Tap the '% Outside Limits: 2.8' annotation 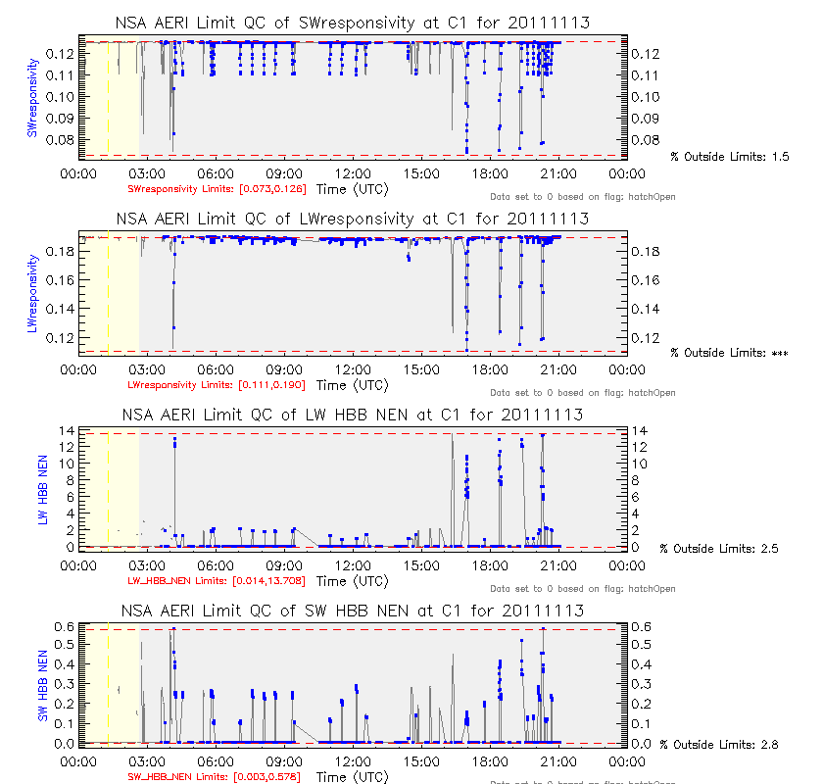719,745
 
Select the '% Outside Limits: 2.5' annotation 719,549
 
